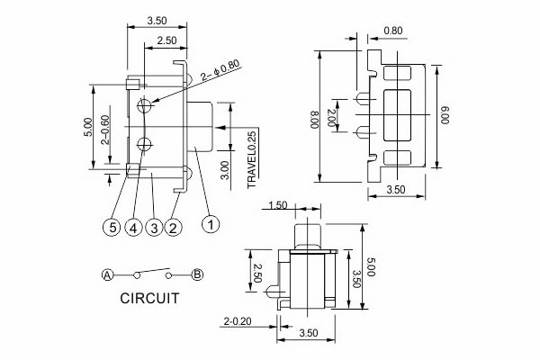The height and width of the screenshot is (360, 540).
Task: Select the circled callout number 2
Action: pyautogui.click(x=174, y=229)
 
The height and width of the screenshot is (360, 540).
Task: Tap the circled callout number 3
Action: pyautogui.click(x=154, y=229)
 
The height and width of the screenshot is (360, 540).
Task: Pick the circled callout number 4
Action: pyautogui.click(x=133, y=229)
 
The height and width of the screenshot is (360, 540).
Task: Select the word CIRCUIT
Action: pyautogui.click(x=149, y=298)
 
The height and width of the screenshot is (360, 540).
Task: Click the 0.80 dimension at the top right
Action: pyautogui.click(x=392, y=31)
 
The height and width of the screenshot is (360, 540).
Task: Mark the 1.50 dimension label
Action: pyautogui.click(x=277, y=206)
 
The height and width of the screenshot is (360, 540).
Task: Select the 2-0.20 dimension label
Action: pyautogui.click(x=238, y=320)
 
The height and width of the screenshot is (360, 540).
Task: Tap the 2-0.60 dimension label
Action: pyautogui.click(x=105, y=131)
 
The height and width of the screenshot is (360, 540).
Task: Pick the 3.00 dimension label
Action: pyautogui.click(x=224, y=169)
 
